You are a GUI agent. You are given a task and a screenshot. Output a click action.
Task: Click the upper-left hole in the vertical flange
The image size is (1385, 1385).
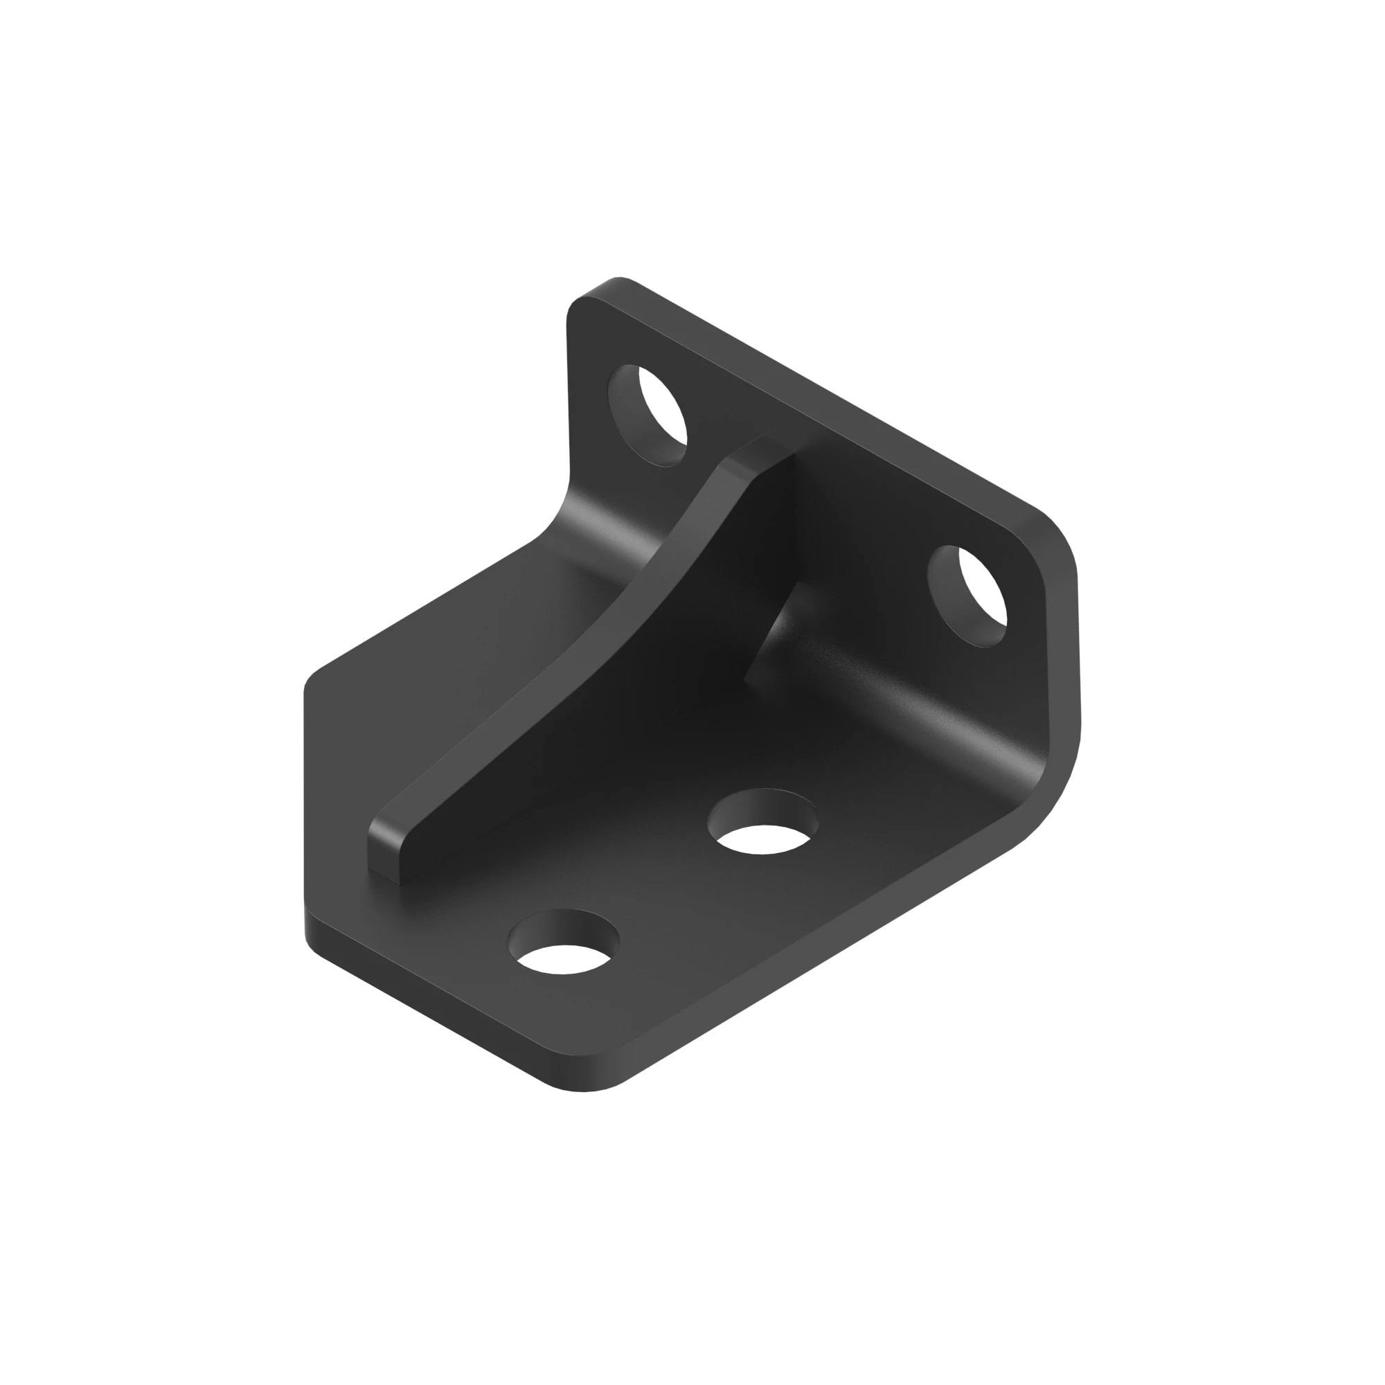coord(647,415)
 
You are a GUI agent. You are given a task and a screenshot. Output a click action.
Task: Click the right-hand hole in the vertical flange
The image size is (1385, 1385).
coord(967,596)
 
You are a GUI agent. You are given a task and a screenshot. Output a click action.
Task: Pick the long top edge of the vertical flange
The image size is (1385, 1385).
coord(824,394)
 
